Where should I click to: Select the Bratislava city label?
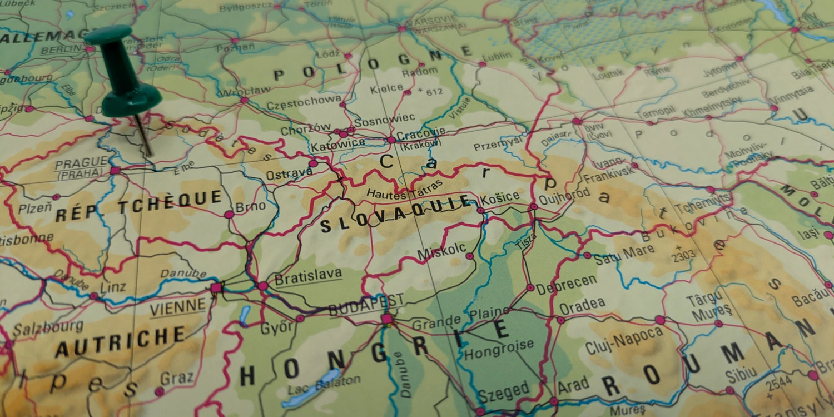[x=308, y=275]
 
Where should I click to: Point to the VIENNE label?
[x=178, y=306]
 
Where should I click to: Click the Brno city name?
[x=251, y=207]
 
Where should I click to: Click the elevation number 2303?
[x=683, y=256]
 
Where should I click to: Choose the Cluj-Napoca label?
[x=624, y=340]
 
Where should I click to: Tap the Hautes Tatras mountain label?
[x=405, y=190]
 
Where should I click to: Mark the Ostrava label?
[x=289, y=174]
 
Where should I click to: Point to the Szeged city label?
[x=504, y=391]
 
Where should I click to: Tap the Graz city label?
[x=177, y=379]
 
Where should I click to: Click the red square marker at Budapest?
[x=386, y=319]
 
